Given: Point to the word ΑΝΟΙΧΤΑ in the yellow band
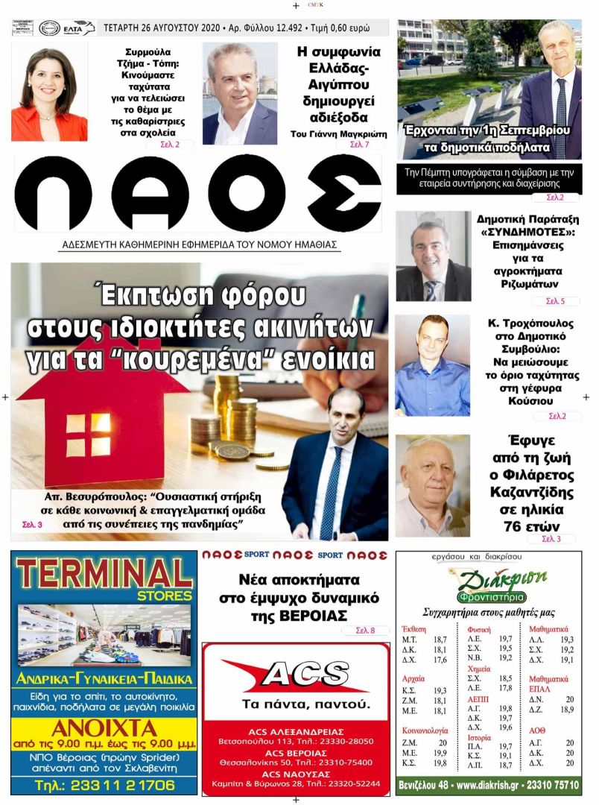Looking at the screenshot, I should point(104,728).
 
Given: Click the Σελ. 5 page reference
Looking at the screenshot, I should point(555,302).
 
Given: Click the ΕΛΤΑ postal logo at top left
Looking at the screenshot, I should point(78,28).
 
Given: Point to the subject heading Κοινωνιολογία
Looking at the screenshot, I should point(425,731).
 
